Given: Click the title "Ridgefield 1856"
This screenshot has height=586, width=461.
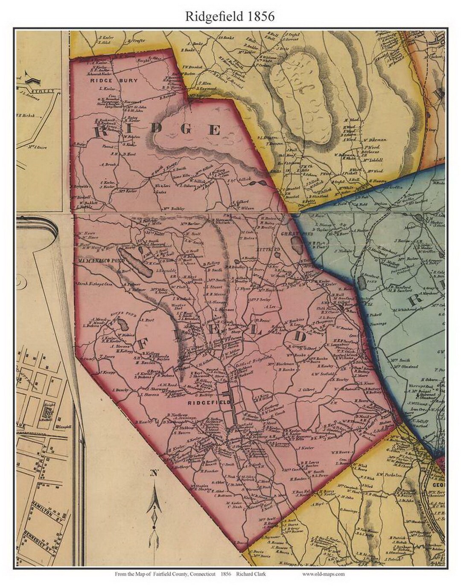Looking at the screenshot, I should click(x=229, y=16).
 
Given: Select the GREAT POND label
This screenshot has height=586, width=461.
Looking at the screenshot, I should click(x=292, y=234).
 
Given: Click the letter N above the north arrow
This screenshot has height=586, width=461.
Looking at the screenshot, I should click(x=154, y=472).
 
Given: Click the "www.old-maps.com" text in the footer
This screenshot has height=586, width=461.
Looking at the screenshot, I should click(x=323, y=574).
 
